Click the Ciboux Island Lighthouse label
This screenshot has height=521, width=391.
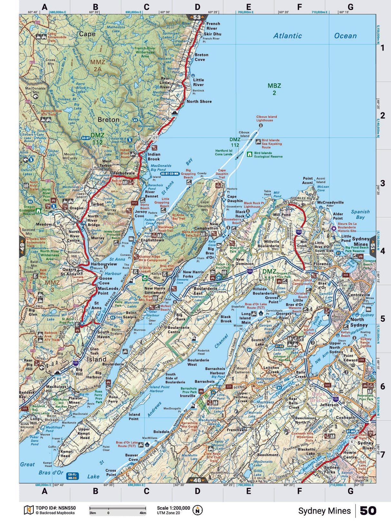coord(266,118)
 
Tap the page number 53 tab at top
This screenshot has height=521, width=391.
coord(197,17)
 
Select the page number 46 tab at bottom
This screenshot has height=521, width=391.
coord(197,480)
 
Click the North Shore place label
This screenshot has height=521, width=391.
coord(199,101)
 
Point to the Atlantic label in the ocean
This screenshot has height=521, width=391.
coord(288,36)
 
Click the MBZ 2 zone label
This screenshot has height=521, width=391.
coord(274,89)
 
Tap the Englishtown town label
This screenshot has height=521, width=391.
coord(152,240)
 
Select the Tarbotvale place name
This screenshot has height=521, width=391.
coord(124,173)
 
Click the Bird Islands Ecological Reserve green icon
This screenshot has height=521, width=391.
coord(249,155)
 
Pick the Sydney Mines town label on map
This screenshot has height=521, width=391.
coord(360,241)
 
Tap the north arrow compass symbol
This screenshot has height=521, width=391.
coord(197,510)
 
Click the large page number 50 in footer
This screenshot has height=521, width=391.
coord(368,511)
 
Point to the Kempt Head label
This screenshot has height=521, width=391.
coord(67,453)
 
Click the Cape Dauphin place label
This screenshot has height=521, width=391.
coord(235,199)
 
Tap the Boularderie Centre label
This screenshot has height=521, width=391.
coord(178,329)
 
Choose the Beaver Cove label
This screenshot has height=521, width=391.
coord(131,457)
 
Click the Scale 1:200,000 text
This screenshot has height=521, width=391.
coord(173,508)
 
